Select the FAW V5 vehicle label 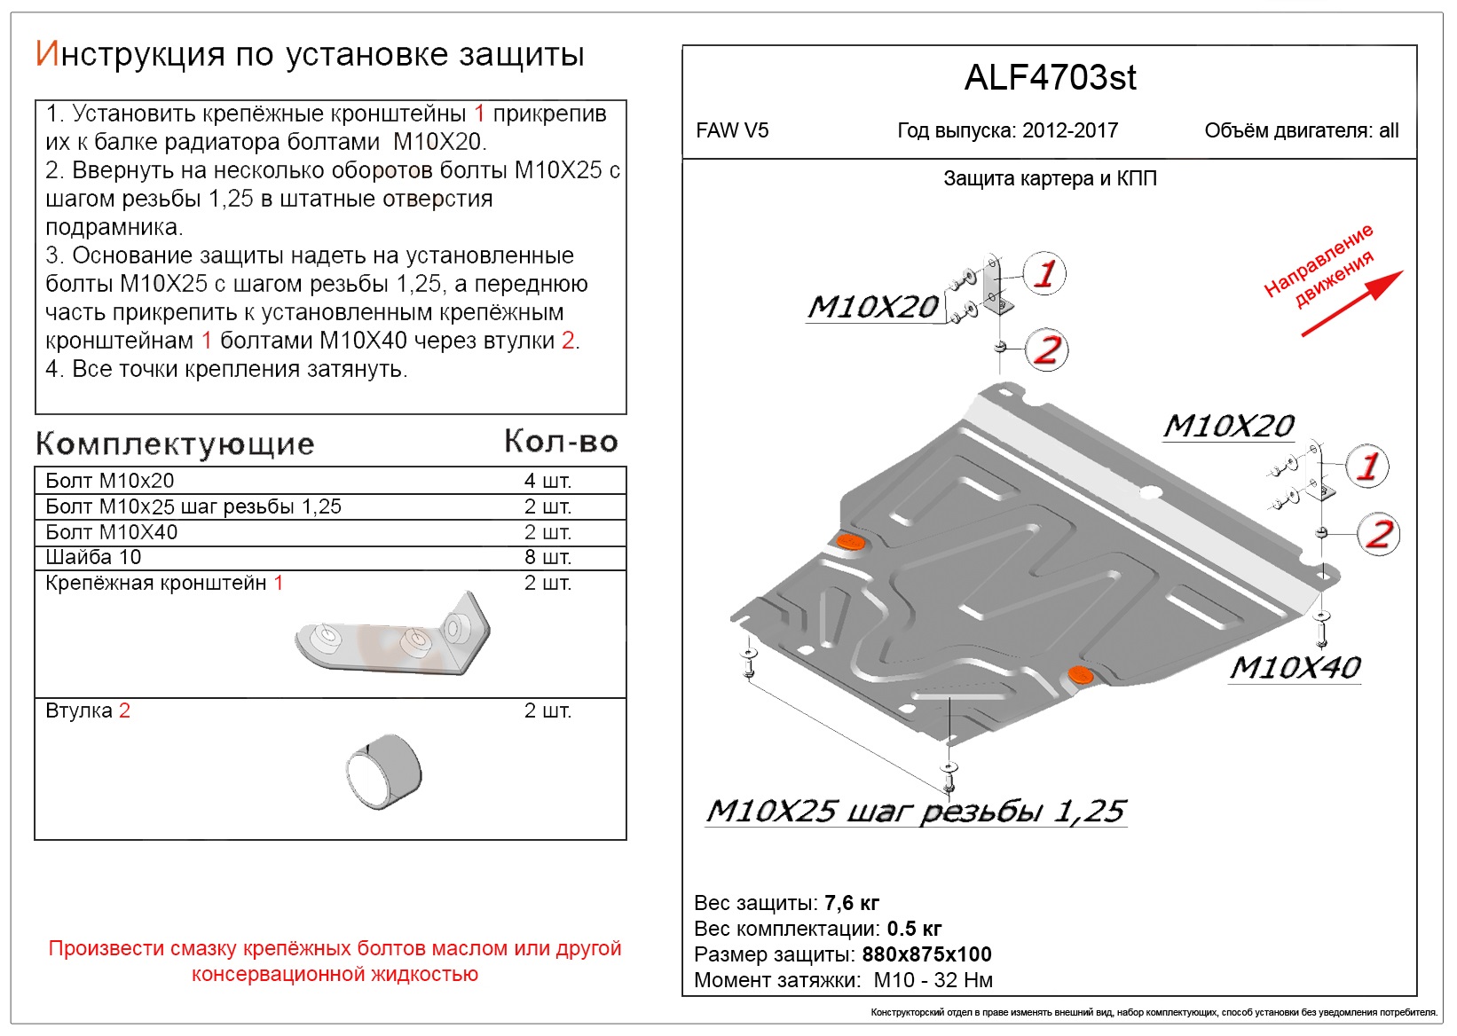[732, 131]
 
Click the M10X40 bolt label [1295, 668]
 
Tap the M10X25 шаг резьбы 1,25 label [915, 811]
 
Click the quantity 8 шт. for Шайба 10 [547, 557]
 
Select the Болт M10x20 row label [110, 481]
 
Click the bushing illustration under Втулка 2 [384, 770]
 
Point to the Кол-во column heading [561, 442]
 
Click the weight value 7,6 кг [851, 903]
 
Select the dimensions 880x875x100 [926, 954]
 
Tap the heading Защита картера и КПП [1049, 179]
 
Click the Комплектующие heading [175, 443]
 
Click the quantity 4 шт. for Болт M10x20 [547, 481]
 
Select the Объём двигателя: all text [1301, 131]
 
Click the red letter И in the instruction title [47, 54]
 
